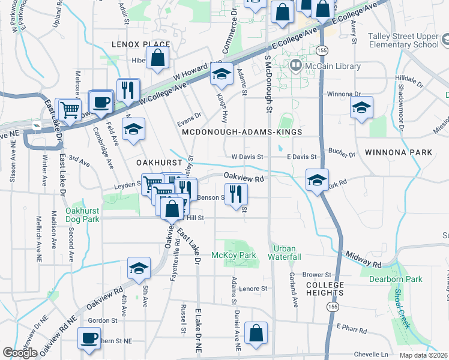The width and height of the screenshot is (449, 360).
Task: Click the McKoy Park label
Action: pyautogui.click(x=234, y=255)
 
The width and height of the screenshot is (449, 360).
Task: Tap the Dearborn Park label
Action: pyautogui.click(x=396, y=279)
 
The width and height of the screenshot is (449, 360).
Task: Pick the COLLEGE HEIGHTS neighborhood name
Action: pyautogui.click(x=325, y=289)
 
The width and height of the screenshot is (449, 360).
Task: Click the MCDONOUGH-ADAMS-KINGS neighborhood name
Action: pyautogui.click(x=241, y=131)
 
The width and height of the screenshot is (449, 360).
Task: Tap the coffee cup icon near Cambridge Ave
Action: pyautogui.click(x=101, y=101)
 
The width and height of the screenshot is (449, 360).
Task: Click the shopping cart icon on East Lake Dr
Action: pyautogui.click(x=70, y=110)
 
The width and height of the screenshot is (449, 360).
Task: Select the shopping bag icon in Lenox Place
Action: pyautogui.click(x=157, y=58)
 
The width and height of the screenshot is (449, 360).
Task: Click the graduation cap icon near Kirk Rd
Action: pyautogui.click(x=316, y=179)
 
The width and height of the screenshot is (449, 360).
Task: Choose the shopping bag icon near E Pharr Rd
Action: pyautogui.click(x=256, y=334)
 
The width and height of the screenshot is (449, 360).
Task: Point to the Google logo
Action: pyautogui.click(x=20, y=353)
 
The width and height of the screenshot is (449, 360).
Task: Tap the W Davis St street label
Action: pyautogui.click(x=248, y=157)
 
